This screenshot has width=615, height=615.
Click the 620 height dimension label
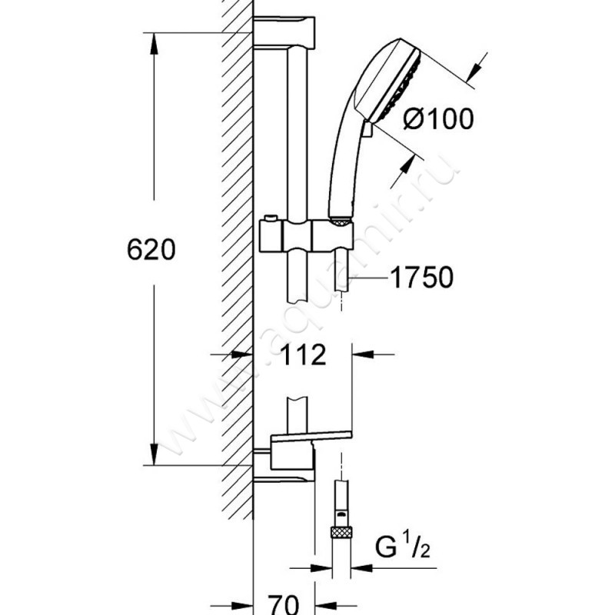151,250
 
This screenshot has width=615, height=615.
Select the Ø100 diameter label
438,118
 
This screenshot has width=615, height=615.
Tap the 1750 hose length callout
421,278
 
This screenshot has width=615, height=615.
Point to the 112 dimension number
303,355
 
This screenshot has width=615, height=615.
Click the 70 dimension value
283,604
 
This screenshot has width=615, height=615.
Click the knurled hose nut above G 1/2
341,532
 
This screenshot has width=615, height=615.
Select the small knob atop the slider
271,218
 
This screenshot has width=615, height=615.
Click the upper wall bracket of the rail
284,33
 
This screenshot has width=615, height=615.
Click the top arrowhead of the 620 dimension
154,43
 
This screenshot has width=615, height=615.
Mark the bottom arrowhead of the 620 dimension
154,454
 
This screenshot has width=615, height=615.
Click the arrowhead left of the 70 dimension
242,607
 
